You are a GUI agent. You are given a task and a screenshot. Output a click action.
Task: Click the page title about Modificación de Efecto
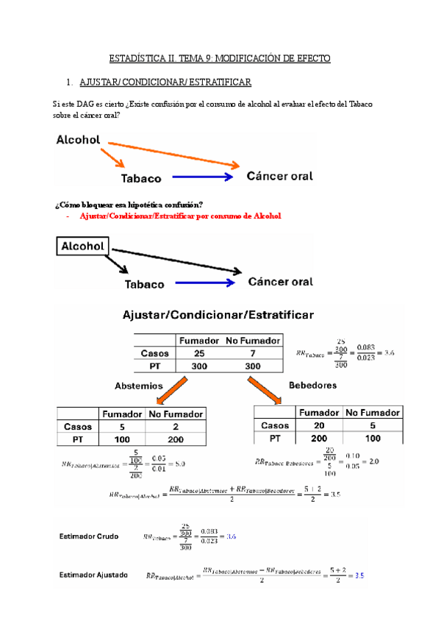point(220,57)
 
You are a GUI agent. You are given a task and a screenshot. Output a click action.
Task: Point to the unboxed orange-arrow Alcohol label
point(79,140)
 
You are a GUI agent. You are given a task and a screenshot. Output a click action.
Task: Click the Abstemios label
point(138,385)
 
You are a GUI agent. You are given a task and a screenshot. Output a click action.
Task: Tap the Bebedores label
point(313,385)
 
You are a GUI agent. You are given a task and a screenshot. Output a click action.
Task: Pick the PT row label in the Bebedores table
point(274,438)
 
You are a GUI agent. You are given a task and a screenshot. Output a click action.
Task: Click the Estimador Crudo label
point(88,536)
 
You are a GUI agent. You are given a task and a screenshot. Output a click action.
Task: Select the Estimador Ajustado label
point(93,575)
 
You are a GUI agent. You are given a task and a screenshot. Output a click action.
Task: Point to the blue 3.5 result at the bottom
point(359,576)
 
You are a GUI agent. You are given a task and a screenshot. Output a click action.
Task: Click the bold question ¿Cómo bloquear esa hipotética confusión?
point(129,204)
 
